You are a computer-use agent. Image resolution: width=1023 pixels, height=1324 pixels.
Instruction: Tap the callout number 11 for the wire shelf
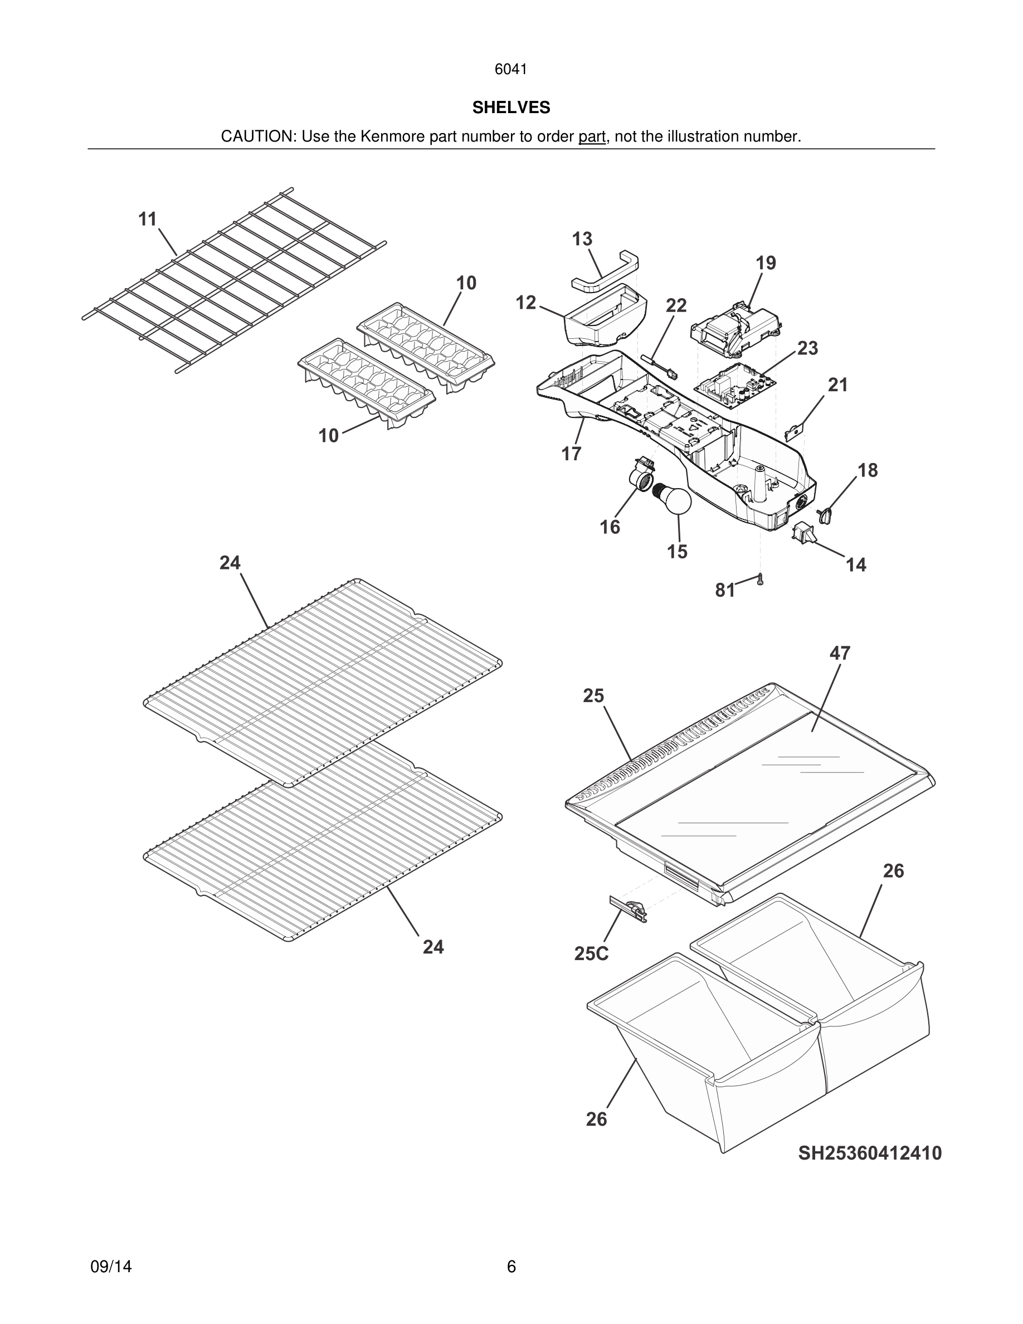(148, 220)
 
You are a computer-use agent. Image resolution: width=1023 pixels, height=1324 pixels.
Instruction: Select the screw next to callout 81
(760, 580)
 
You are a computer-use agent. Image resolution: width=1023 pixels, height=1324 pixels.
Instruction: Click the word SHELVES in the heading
(511, 108)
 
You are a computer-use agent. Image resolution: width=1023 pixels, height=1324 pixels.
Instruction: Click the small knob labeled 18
(825, 515)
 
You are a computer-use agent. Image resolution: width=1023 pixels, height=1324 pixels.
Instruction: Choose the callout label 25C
(591, 953)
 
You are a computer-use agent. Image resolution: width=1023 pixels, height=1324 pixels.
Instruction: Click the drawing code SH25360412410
(869, 1153)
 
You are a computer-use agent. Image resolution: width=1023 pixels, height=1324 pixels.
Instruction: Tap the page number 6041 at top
(511, 70)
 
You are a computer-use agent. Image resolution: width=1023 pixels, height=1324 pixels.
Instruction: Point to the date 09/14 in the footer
(111, 1267)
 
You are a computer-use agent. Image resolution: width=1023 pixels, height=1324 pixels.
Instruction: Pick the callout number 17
(571, 454)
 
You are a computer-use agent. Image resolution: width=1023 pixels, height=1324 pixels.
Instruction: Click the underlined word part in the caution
(592, 137)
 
